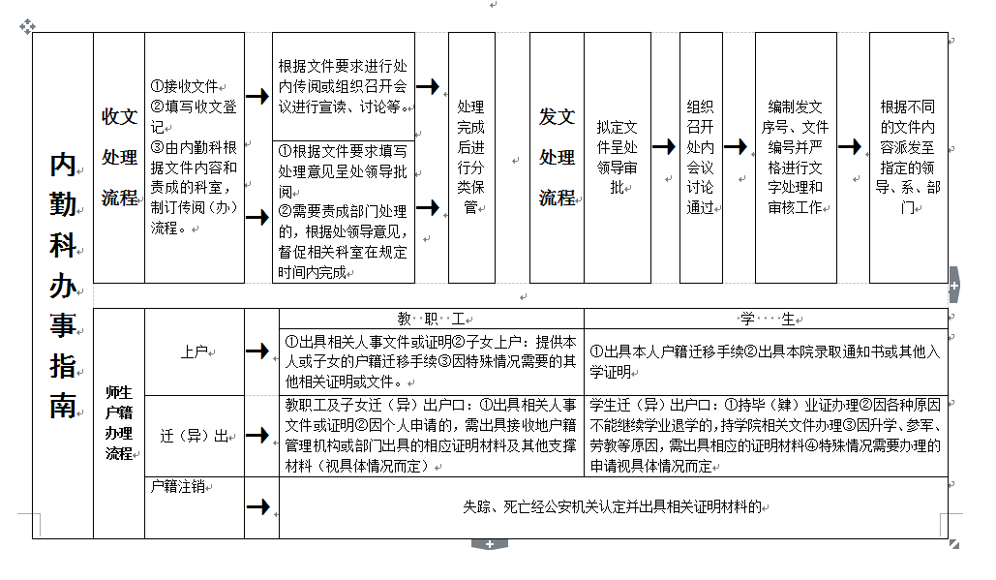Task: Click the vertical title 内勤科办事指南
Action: [x=63, y=286]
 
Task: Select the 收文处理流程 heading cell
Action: [x=119, y=157]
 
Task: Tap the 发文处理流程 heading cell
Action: [x=557, y=157]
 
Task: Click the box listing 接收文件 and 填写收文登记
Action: [x=194, y=157]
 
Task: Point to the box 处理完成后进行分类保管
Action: [x=471, y=157]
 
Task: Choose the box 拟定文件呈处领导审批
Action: [x=617, y=157]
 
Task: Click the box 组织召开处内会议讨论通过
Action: [x=700, y=157]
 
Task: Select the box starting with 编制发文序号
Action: [x=796, y=157]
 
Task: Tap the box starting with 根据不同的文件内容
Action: [x=907, y=157]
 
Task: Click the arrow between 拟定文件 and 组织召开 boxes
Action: [x=664, y=146]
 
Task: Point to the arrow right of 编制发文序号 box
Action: [x=850, y=146]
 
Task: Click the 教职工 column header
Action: [x=431, y=319]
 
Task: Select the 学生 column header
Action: [x=765, y=319]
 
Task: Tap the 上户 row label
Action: [x=195, y=351]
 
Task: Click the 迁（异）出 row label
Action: [x=195, y=436]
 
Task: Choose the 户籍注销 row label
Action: [x=178, y=486]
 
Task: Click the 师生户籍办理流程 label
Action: [x=119, y=423]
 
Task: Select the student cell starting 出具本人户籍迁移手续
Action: [x=765, y=361]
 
